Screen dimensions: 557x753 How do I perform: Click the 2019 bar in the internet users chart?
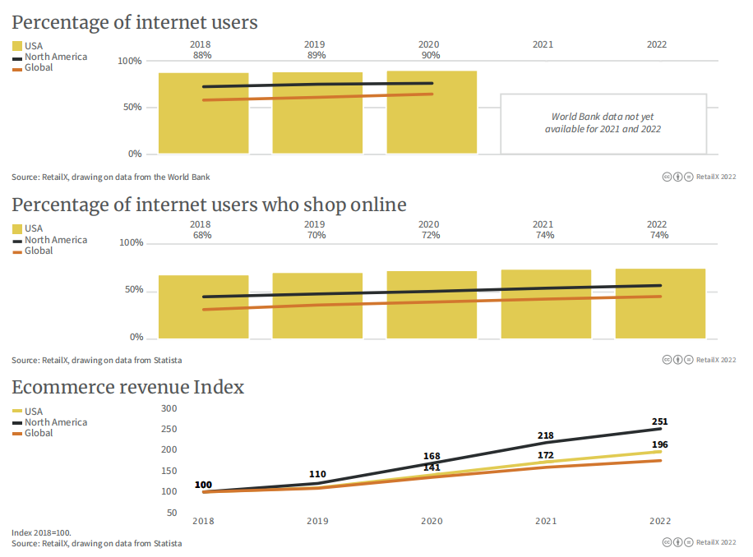pyautogui.click(x=317, y=113)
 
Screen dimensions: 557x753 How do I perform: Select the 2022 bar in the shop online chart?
pyautogui.click(x=660, y=303)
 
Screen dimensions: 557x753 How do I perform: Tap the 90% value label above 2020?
pyautogui.click(x=429, y=55)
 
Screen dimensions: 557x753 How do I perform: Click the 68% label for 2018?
pyautogui.click(x=202, y=235)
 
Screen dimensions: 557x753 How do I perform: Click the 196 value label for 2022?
pyautogui.click(x=659, y=444)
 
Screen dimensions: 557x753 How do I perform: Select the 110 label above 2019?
pyautogui.click(x=317, y=475)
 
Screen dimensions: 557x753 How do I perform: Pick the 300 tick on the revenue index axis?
pyautogui.click(x=169, y=408)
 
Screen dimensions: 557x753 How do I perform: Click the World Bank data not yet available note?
pyautogui.click(x=603, y=123)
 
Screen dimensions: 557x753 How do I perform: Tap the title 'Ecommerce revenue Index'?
pyautogui.click(x=127, y=387)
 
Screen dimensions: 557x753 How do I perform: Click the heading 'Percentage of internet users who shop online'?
pyautogui.click(x=209, y=205)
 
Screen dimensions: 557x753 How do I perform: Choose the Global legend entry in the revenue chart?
pyautogui.click(x=39, y=433)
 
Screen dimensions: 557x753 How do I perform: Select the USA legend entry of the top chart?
pyautogui.click(x=34, y=46)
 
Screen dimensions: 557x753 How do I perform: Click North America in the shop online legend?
pyautogui.click(x=55, y=240)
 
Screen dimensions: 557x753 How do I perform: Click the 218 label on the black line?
pyautogui.click(x=546, y=435)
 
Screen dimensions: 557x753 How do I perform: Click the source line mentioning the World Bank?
pyautogui.click(x=116, y=177)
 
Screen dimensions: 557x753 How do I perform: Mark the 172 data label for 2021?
pyautogui.click(x=546, y=454)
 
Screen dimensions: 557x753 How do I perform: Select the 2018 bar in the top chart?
pyautogui.click(x=203, y=113)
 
